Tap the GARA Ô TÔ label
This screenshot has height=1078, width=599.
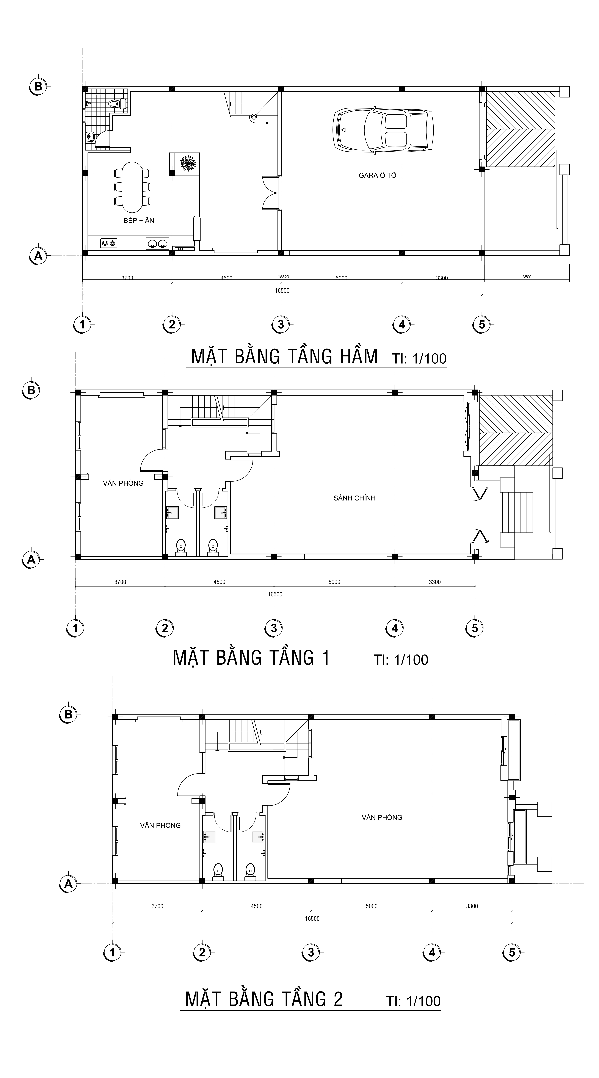(x=377, y=175)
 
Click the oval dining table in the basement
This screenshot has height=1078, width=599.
(x=132, y=187)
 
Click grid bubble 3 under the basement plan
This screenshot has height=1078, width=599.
(x=281, y=324)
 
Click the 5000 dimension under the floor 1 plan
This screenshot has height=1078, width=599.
(x=334, y=582)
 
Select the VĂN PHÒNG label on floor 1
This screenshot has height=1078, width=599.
(x=123, y=483)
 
